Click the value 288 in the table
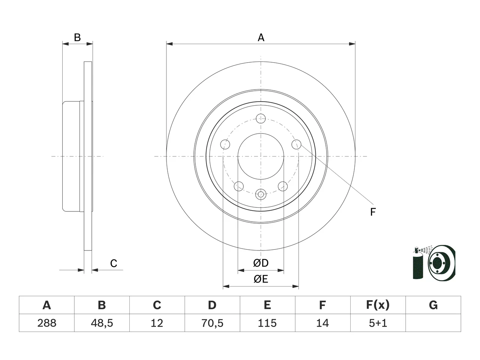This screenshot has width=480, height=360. point(46,323)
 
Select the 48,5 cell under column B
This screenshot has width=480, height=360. point(102,323)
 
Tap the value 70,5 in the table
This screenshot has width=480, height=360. point(212,323)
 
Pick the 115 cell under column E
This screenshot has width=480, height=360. point(267,323)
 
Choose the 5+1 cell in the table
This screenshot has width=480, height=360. point(378,323)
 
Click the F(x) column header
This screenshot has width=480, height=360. point(378,305)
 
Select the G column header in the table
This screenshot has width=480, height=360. point(433,305)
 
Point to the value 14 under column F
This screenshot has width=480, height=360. point(322,323)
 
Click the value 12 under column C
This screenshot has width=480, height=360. point(157,323)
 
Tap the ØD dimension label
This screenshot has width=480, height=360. point(261,263)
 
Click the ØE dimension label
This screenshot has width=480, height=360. point(261,279)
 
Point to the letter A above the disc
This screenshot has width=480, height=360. point(261,37)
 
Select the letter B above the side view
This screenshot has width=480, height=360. point(77,37)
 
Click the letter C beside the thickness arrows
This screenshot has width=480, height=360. point(114,263)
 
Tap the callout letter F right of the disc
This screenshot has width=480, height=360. point(373,212)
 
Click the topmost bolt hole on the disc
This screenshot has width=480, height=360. point(261,119)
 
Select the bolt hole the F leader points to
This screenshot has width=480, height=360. point(296,144)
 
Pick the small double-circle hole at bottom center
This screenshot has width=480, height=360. point(261,194)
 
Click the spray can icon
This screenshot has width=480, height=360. point(418,263)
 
